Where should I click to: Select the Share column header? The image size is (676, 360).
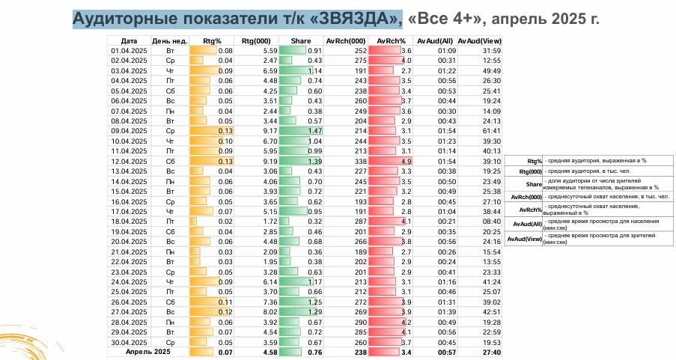311,40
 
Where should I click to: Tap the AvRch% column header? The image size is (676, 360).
390,40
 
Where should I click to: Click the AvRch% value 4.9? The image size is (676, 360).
406,160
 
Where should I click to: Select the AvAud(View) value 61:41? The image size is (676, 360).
490,129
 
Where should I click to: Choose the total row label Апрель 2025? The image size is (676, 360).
149,352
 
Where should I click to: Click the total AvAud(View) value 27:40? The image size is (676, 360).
490,352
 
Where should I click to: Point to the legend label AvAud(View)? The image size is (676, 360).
525,238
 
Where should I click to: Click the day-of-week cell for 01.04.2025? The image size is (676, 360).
170,49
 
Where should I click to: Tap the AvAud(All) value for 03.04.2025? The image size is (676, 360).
445,70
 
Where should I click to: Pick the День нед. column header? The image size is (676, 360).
170,40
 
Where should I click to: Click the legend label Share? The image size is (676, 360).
534,183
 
